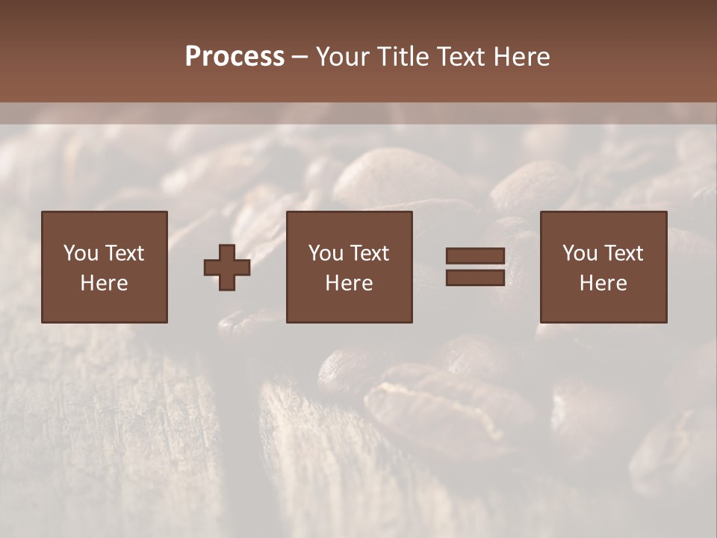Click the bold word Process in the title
click(235, 57)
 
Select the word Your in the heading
click(342, 57)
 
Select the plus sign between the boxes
click(227, 268)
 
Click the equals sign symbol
click(475, 268)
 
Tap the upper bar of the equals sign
click(475, 256)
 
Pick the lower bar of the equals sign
click(475, 278)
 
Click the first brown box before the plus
click(104, 267)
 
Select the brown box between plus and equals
click(349, 267)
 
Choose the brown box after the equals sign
click(603, 267)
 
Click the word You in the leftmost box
click(80, 253)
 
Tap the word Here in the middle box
click(349, 283)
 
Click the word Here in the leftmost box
click(104, 283)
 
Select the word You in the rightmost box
click(580, 253)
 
